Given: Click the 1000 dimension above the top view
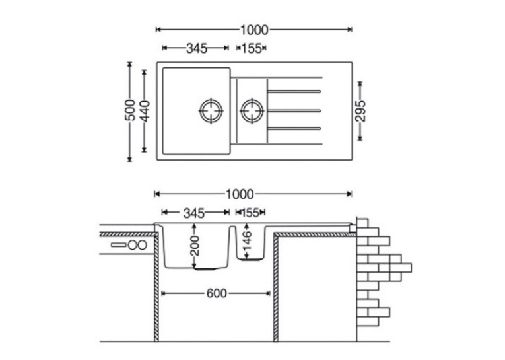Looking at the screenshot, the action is click(254, 30).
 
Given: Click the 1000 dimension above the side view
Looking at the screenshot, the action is click(240, 194).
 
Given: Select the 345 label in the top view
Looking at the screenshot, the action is click(197, 48).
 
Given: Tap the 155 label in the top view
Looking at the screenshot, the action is click(252, 48).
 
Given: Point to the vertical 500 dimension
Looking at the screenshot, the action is click(130, 110).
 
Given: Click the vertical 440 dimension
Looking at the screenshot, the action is click(145, 111).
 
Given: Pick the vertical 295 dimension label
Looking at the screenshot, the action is click(360, 111).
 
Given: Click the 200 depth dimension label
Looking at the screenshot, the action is click(195, 246).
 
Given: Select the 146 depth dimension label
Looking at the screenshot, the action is click(247, 240).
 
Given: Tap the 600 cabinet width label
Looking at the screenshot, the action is click(217, 293).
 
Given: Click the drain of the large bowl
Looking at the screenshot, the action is click(211, 110).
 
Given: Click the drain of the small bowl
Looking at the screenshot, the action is click(252, 110).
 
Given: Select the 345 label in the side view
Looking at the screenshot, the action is click(194, 213).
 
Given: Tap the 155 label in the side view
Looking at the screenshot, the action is click(250, 213).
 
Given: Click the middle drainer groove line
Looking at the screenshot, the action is click(294, 110).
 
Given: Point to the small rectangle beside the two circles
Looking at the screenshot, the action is click(119, 245).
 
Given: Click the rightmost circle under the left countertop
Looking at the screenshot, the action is click(142, 245).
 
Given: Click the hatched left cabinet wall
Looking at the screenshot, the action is click(156, 287).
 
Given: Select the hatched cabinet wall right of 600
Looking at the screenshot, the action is click(276, 287).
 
